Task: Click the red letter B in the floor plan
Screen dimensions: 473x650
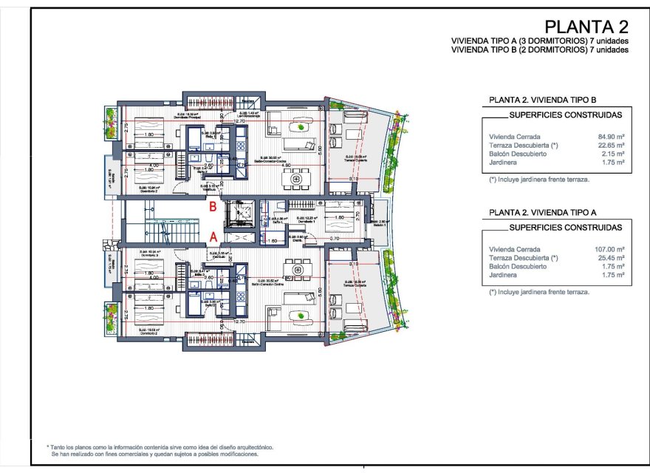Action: click(213, 208)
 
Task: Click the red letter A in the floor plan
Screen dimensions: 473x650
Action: click(213, 236)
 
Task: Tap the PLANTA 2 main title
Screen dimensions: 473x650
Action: click(586, 27)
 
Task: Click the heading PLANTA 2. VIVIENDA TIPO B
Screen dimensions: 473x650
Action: click(543, 101)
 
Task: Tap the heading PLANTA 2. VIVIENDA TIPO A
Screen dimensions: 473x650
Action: click(543, 212)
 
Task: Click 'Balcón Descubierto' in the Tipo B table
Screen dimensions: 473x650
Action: click(517, 153)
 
